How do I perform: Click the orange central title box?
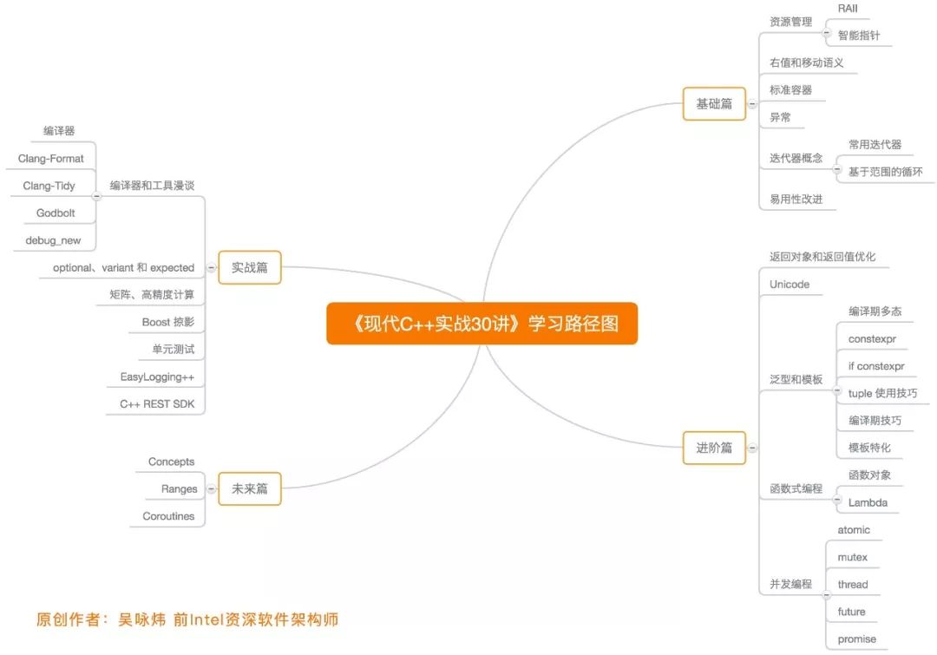pos(482,324)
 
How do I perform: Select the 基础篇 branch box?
pos(714,104)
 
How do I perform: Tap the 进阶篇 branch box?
pos(714,448)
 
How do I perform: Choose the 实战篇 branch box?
pos(250,268)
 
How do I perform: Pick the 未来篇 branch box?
pos(250,489)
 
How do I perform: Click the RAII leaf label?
pos(848,8)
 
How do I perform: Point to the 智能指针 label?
pos(859,36)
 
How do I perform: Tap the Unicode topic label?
pos(789,285)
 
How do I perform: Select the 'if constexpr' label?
pos(876,366)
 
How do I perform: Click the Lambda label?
pos(868,502)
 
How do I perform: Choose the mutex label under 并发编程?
pos(852,557)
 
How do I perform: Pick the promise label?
pos(856,639)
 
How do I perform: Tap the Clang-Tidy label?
pos(49,186)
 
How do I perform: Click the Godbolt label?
pos(56,213)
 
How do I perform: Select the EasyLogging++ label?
pos(157,377)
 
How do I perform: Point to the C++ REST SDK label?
pos(157,404)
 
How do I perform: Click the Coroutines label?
pos(168,516)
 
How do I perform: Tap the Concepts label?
pos(171,462)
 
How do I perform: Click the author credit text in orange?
pos(187,619)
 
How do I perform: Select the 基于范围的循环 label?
pos(885,172)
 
